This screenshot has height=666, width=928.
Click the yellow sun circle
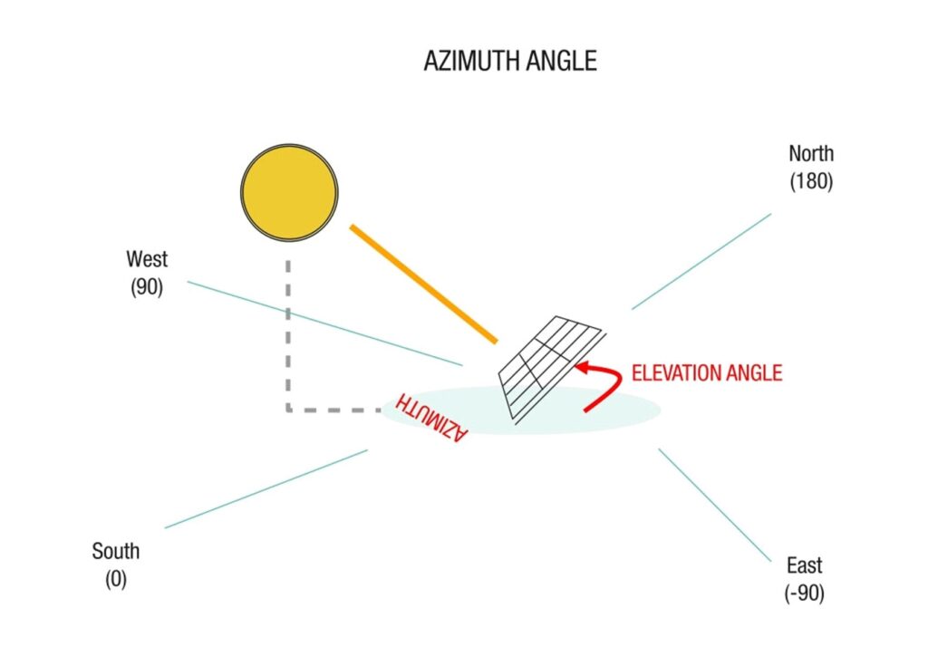[289, 192]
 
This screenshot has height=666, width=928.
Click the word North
[810, 154]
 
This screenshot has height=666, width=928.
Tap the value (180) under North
[810, 181]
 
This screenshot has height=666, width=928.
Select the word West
[147, 259]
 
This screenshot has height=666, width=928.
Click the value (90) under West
[146, 290]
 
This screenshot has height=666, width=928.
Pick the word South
[115, 551]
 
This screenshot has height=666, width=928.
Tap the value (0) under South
[115, 579]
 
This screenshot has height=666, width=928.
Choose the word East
[804, 566]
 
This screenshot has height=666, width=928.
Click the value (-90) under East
[804, 594]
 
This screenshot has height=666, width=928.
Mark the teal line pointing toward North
[701, 261]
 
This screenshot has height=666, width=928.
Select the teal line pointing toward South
[266, 488]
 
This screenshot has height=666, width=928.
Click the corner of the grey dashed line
[288, 410]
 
